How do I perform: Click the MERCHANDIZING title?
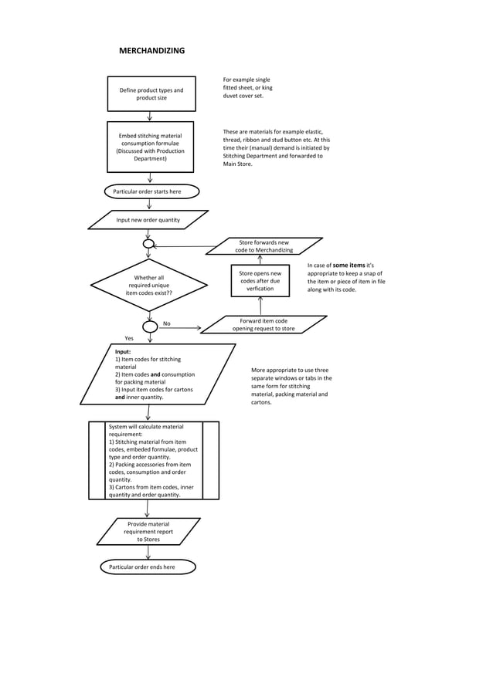151,51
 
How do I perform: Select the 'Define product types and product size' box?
151,94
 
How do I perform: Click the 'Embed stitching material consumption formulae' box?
150,147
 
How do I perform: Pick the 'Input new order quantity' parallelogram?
148,220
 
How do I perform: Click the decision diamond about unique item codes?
149,286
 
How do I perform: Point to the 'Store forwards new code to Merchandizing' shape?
264,246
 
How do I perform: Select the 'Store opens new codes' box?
260,281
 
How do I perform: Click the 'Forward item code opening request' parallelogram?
263,324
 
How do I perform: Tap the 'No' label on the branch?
166,323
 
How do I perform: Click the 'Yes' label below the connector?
130,338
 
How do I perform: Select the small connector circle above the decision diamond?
149,244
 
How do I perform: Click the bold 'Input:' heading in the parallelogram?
123,351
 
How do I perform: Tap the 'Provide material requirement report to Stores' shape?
148,531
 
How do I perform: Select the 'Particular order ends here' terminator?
147,567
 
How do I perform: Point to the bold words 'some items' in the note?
348,266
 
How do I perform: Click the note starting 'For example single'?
247,88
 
